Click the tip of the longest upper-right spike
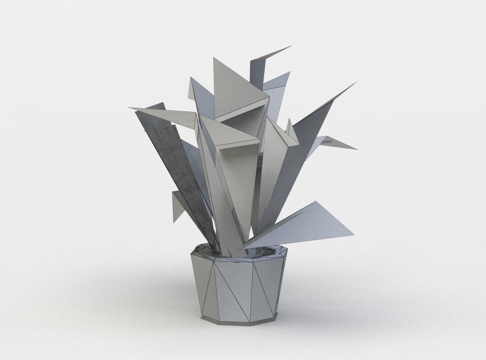(357, 82)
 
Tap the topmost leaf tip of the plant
(291, 46)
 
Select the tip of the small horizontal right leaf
(356, 149)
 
